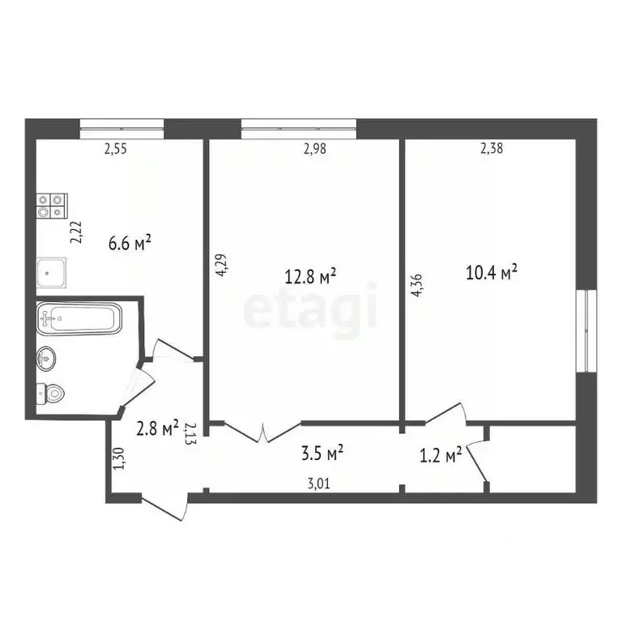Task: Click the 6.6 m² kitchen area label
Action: coord(130,242)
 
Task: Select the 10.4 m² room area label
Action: coord(492,272)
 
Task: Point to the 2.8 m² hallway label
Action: coord(155,428)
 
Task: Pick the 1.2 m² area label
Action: coord(441,456)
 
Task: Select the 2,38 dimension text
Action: coord(492,148)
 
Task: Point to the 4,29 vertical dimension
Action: coord(221,266)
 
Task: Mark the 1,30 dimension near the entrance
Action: coord(119,459)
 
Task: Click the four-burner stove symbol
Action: coord(51,206)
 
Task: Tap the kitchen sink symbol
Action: coord(53,273)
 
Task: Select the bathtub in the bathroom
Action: coord(78,318)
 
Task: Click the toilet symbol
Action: coord(50,393)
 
